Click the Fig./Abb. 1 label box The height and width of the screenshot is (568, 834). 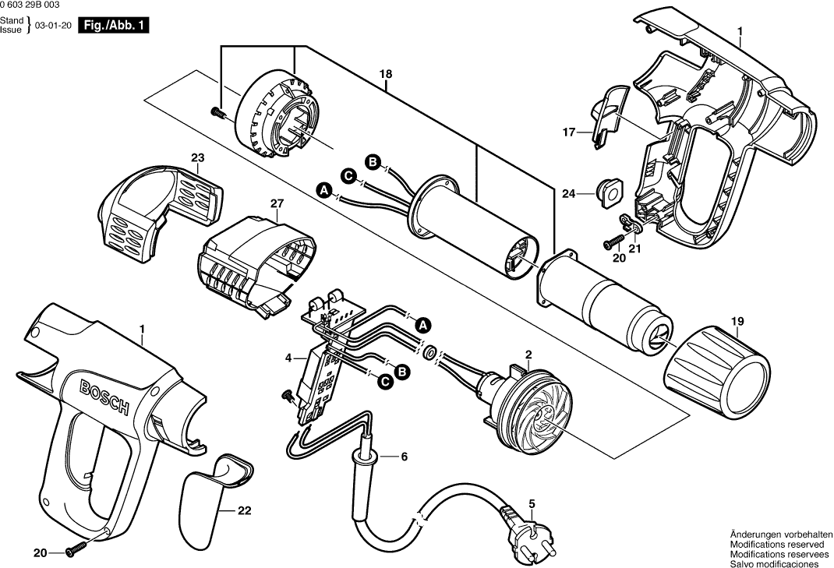[114, 25]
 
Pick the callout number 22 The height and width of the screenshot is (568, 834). [245, 512]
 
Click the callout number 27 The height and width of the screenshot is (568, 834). [275, 204]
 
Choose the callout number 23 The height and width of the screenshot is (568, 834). [196, 157]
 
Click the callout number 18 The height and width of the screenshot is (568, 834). [385, 74]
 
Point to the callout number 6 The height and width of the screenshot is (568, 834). [404, 457]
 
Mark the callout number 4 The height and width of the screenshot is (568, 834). [288, 358]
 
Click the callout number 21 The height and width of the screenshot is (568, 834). [634, 249]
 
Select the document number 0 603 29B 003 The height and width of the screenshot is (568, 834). [31, 5]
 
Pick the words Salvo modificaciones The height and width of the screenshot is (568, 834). [774, 563]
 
